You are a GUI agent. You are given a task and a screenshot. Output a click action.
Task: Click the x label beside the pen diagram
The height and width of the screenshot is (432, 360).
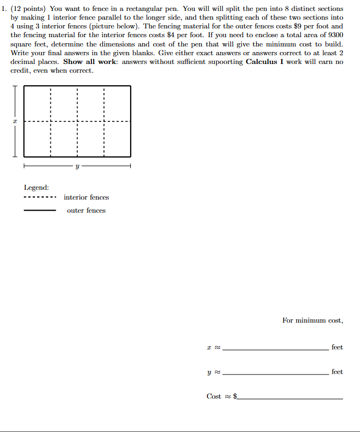pyautogui.click(x=16, y=121)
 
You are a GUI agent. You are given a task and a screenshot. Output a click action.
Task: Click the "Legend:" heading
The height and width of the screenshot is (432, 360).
pyautogui.click(x=36, y=187)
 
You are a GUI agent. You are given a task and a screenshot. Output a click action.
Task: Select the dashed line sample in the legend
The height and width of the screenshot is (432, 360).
pyautogui.click(x=39, y=198)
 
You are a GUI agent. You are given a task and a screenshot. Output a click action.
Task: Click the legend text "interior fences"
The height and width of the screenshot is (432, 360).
pyautogui.click(x=86, y=197)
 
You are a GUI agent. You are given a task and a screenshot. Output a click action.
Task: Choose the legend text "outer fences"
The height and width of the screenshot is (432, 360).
pyautogui.click(x=86, y=211)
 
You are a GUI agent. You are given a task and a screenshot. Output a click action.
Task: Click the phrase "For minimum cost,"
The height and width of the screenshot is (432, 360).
pyautogui.click(x=312, y=320)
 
